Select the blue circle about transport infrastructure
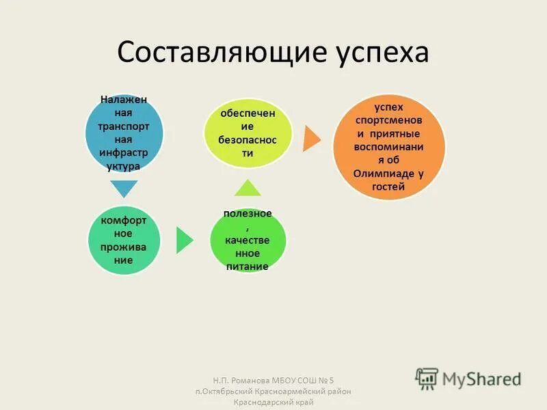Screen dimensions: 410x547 [124, 133]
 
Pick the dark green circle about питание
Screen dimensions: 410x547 [248, 239]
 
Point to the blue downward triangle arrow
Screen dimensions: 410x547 [124, 188]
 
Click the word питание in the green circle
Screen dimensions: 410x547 [248, 266]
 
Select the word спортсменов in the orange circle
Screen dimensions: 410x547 [388, 121]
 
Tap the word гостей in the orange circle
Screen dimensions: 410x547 [388, 186]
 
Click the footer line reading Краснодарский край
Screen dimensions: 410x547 [273, 402]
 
